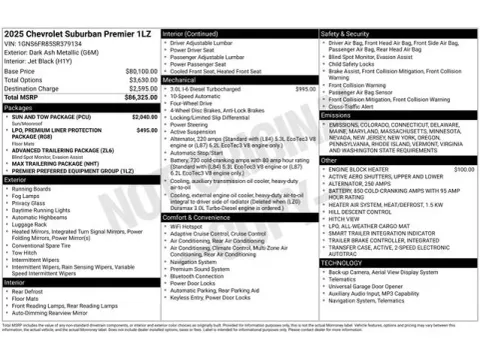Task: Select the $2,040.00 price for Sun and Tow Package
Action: pos(145,116)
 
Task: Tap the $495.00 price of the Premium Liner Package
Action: pos(147,130)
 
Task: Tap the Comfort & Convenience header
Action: pos(204,216)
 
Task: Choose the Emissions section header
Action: pos(337,115)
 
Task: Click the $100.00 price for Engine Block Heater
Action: pos(464,169)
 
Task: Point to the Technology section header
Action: pos(340,262)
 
